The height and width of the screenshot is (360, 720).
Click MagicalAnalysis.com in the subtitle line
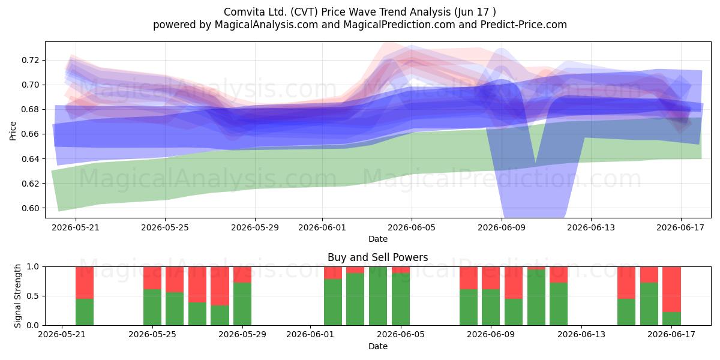266,25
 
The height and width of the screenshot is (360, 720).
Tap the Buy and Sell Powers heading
377,257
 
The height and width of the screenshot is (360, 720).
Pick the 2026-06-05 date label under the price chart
412,227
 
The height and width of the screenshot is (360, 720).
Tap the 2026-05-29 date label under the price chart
255,227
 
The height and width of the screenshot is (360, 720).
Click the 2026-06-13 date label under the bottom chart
581,335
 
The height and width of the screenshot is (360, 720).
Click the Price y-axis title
13,131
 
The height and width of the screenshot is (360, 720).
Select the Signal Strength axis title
17,296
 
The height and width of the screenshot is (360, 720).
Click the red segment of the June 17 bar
671,289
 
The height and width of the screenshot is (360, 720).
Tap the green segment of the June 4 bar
377,296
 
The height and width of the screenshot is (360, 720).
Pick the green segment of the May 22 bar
85,312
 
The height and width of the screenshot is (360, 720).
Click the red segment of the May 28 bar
220,286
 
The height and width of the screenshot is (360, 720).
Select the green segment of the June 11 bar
536,298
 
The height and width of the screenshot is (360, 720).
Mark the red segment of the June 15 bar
626,283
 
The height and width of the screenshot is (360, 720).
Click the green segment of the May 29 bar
242,304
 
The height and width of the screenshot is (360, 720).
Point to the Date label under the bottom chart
377,346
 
